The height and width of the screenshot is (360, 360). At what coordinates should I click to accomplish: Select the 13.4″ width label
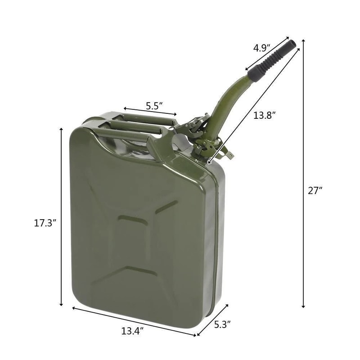pos(132,331)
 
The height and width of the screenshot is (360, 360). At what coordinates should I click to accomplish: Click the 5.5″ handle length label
pos(154,106)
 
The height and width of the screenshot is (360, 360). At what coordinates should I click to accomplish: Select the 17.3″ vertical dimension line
pos(61,216)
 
